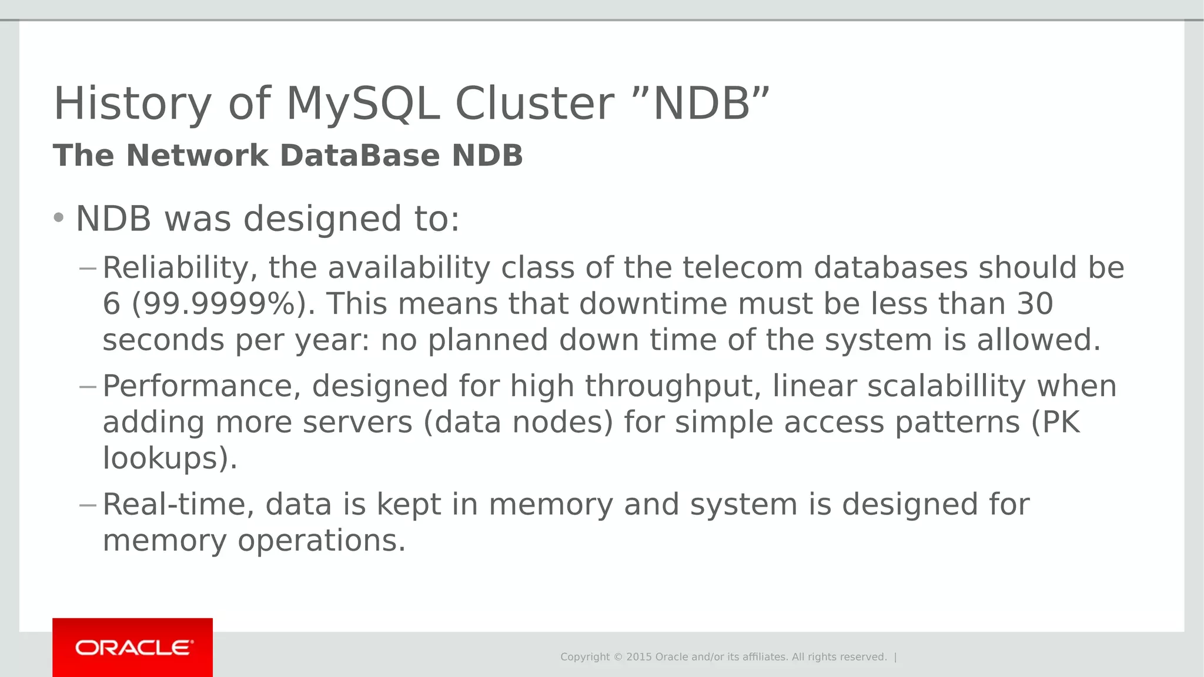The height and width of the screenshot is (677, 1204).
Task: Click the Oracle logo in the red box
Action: (133, 648)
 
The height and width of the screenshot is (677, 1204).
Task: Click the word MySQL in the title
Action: (363, 104)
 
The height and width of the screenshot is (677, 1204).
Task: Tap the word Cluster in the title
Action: (534, 104)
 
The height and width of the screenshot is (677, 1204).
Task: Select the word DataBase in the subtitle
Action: (360, 156)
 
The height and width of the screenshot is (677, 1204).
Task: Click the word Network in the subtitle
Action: (197, 156)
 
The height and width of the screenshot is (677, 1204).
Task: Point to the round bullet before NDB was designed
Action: (58, 218)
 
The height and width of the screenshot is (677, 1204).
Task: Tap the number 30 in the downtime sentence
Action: (1034, 304)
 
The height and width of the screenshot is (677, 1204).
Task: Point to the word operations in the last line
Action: (321, 541)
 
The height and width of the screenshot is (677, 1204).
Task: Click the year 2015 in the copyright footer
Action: (638, 657)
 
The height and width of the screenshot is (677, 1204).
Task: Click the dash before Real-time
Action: (88, 505)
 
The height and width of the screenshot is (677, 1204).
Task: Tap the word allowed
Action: (1038, 340)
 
